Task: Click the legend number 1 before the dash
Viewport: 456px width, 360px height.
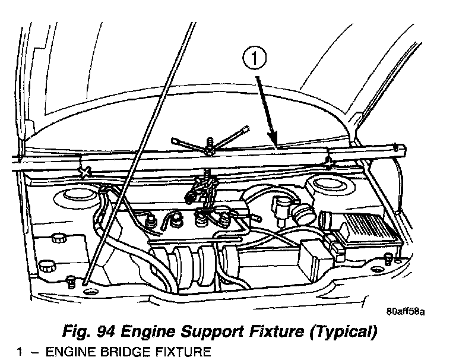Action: click(x=20, y=352)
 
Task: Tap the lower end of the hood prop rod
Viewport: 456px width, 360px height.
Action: click(x=88, y=279)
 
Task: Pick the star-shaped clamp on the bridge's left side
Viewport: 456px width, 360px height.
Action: click(x=84, y=172)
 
